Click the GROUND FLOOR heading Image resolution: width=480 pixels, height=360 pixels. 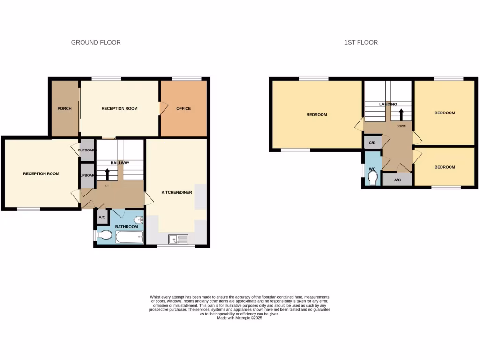click(x=96, y=42)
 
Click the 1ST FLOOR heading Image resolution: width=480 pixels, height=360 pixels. click(x=361, y=42)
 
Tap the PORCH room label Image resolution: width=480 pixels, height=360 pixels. click(x=64, y=109)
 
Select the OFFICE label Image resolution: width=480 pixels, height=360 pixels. click(x=183, y=109)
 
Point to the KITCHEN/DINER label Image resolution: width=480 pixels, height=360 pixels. click(x=177, y=192)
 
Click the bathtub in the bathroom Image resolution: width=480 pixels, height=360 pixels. click(x=129, y=237)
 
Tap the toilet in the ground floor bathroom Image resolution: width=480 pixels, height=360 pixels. click(x=104, y=235)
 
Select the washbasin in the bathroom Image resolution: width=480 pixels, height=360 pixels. click(x=138, y=220)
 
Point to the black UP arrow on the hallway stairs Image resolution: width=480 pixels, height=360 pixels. click(x=107, y=174)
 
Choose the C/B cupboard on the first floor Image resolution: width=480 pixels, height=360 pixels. click(x=372, y=142)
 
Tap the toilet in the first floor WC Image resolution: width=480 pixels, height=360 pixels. click(x=373, y=178)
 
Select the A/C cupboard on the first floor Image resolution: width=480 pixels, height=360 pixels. click(x=397, y=180)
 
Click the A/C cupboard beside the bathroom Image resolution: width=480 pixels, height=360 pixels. click(x=102, y=217)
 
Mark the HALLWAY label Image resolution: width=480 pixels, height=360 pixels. click(x=120, y=163)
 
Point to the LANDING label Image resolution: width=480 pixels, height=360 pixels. click(x=388, y=104)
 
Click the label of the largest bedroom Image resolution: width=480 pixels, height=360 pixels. click(x=316, y=115)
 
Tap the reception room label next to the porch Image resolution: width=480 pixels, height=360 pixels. click(x=120, y=109)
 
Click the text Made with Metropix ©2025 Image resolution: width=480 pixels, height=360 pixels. click(x=240, y=318)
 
